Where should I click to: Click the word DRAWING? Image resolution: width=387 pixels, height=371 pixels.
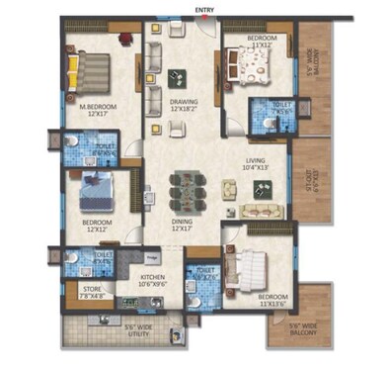pyautogui.click(x=184, y=101)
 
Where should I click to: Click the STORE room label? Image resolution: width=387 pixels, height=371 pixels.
pyautogui.click(x=90, y=289)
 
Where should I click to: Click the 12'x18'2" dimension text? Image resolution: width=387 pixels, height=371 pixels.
pyautogui.click(x=184, y=109)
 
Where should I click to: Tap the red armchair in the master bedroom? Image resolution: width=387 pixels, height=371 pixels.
pyautogui.click(x=125, y=39)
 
